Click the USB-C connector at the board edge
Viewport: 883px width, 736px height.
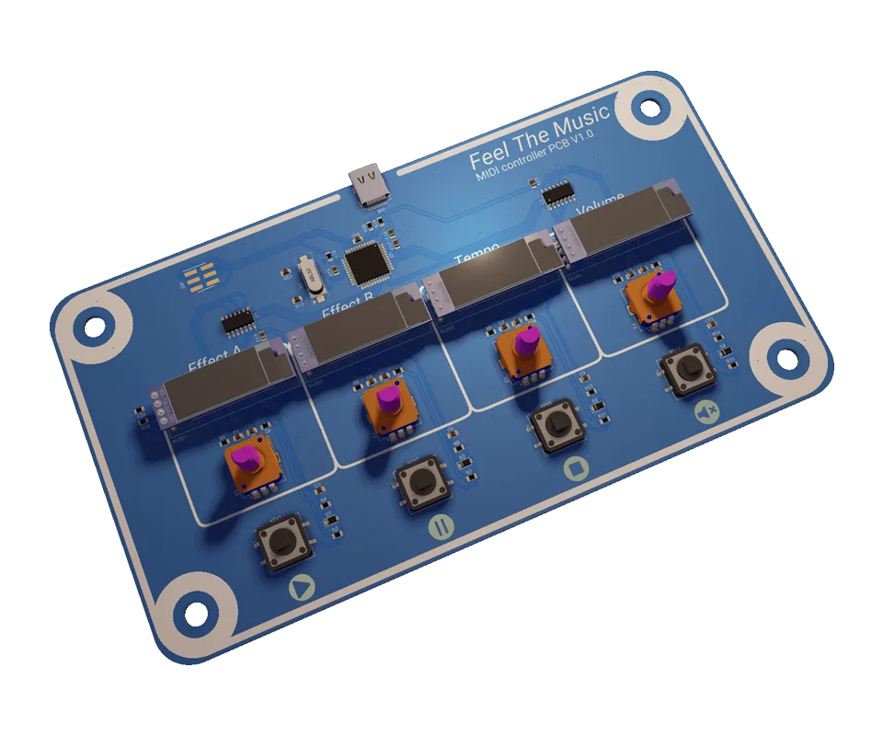[371, 185]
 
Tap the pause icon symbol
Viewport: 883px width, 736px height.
[441, 527]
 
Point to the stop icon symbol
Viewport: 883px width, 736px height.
[576, 467]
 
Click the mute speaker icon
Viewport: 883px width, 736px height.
[706, 410]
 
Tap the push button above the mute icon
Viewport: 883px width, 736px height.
[686, 371]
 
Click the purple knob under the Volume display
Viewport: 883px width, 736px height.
[659, 287]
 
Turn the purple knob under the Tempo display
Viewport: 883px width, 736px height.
[526, 343]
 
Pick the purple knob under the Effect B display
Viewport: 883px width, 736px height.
[389, 399]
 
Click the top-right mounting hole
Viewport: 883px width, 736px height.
[650, 109]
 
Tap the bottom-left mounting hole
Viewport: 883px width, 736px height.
[194, 612]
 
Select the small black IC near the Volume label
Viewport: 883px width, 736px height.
[558, 192]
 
